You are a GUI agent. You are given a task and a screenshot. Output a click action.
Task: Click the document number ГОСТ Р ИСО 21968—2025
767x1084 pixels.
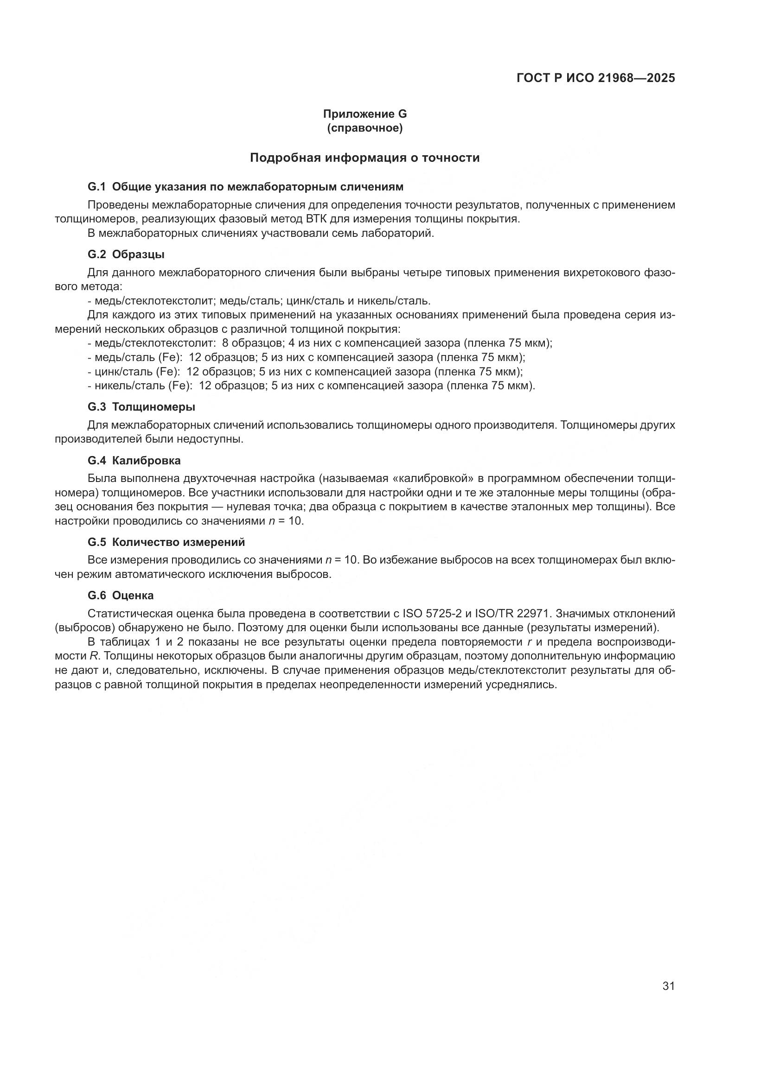(x=595, y=78)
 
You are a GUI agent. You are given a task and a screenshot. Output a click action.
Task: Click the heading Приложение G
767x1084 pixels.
(x=364, y=114)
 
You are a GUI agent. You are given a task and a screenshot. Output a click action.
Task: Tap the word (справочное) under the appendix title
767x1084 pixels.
(x=364, y=128)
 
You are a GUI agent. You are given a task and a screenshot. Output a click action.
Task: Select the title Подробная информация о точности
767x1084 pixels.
(x=364, y=158)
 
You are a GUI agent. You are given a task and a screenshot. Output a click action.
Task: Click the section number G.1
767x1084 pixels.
(x=97, y=187)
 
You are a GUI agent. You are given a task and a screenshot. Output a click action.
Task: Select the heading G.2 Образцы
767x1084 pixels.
(x=126, y=254)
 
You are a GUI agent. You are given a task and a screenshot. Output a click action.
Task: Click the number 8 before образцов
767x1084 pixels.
(x=225, y=343)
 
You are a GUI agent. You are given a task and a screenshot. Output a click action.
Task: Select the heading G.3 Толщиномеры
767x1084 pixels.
(x=141, y=406)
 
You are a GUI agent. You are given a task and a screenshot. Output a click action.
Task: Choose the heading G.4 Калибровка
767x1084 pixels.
(x=134, y=460)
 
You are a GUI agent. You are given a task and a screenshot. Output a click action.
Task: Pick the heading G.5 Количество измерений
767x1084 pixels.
(x=166, y=542)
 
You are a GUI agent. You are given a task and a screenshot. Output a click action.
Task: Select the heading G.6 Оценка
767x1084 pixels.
(x=121, y=596)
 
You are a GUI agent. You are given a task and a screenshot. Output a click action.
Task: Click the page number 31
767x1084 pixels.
(x=668, y=986)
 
